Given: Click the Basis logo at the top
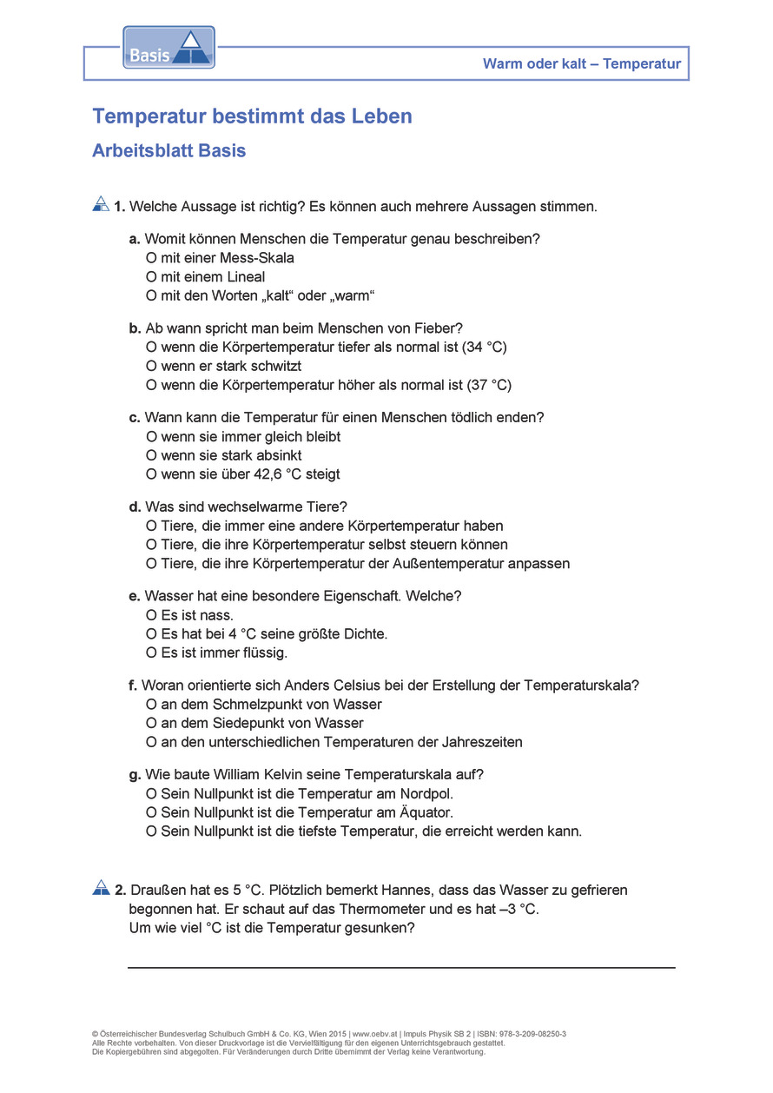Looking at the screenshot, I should point(168,48).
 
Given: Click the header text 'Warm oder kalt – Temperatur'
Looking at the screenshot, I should point(582,63).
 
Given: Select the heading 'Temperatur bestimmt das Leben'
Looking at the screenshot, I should point(252,116).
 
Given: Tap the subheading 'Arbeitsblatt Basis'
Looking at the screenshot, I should point(168,151).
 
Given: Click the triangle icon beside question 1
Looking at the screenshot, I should point(101,204).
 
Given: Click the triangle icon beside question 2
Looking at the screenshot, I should point(101,888).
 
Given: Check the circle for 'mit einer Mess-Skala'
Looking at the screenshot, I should point(151,258).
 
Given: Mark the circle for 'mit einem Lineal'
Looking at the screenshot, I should point(151,277).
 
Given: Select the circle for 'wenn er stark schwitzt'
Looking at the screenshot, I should point(151,367).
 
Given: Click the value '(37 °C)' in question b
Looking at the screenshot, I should point(489,385).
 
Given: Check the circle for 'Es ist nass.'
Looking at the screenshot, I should point(151,615).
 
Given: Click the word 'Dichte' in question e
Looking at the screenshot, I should point(364,634).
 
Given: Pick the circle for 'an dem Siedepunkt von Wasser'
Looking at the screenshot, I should point(151,723).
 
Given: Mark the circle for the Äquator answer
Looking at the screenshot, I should point(151,812).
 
